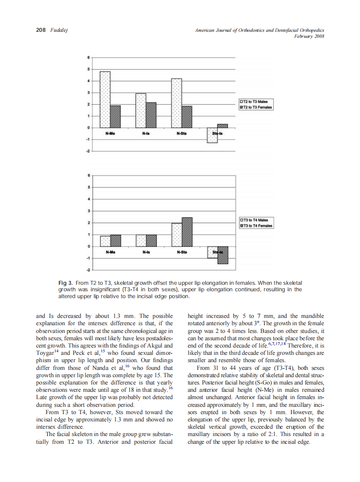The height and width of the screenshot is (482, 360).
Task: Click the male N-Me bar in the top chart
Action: pyautogui.click(x=105, y=99)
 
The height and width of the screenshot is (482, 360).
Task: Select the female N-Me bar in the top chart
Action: pyautogui.click(x=115, y=116)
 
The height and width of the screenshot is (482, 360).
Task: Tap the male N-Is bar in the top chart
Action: pyautogui.click(x=141, y=110)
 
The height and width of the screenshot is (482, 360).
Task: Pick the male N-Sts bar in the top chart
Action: pyautogui.click(x=177, y=103)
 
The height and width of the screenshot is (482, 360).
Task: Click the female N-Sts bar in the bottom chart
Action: pyautogui.click(x=187, y=232)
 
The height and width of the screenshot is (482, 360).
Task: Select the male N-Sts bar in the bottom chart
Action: pyautogui.click(x=177, y=235)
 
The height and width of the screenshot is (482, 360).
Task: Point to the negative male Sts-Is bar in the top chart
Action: pyautogui.click(x=212, y=135)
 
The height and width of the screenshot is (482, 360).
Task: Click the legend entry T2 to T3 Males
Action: pyautogui.click(x=256, y=102)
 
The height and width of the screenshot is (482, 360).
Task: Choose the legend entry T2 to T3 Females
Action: pyautogui.click(x=257, y=107)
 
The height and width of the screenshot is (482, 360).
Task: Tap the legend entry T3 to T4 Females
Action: pyautogui.click(x=257, y=226)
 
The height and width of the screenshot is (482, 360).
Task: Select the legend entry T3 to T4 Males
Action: pyautogui.click(x=256, y=220)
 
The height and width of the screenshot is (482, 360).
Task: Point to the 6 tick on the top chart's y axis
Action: pyautogui.click(x=89, y=57)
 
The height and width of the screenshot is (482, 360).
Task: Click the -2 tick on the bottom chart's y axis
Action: pyautogui.click(x=88, y=270)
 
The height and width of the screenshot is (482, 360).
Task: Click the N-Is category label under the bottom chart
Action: pyautogui.click(x=146, y=252)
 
